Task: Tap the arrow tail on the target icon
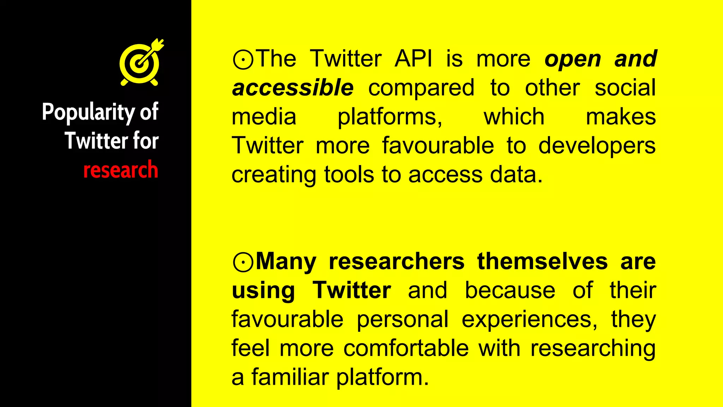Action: click(x=158, y=43)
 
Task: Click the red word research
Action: click(x=121, y=170)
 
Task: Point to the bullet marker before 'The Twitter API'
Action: click(x=243, y=59)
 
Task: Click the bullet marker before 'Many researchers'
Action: click(x=243, y=262)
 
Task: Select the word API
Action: click(x=413, y=59)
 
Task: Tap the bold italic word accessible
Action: click(x=293, y=88)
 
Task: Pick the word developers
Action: click(x=597, y=146)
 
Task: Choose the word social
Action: click(x=625, y=88)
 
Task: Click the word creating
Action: click(x=274, y=175)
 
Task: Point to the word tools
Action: click(x=349, y=175)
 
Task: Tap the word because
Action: click(x=510, y=290)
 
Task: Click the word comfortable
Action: click(x=406, y=348)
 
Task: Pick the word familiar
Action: click(x=290, y=377)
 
